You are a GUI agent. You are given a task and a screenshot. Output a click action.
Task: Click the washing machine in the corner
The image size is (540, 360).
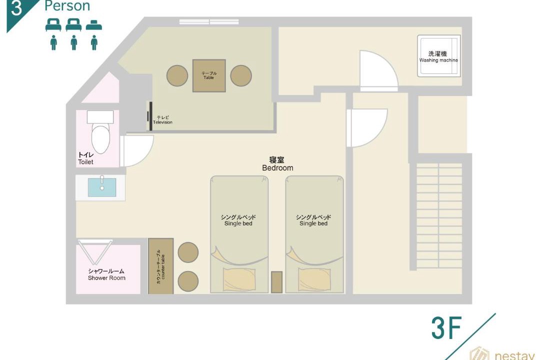point(439,55)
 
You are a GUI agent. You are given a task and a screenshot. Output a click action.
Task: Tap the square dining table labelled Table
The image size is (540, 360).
point(209,75)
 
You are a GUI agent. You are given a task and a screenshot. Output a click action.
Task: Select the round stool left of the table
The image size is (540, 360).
point(177,76)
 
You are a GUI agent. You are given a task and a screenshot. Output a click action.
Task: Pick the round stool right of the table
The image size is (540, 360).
point(240,76)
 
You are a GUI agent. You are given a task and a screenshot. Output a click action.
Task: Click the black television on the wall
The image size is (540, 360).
point(150,116)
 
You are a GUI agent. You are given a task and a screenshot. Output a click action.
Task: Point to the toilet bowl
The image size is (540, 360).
point(100,138)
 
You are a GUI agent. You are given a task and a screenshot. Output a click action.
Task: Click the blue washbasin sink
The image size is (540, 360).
point(102,187)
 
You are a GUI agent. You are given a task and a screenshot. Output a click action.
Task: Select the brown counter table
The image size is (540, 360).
point(161,266)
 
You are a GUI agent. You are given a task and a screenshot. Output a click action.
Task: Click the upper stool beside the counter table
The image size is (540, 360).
point(188,252)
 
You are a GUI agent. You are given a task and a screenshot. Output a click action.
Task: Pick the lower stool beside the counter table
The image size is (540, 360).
point(188,281)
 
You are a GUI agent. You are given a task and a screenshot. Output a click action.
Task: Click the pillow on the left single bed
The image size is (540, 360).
point(239,279)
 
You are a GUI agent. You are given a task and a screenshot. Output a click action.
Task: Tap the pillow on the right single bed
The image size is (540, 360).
point(314,279)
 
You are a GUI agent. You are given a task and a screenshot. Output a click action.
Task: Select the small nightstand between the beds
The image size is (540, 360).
point(276,282)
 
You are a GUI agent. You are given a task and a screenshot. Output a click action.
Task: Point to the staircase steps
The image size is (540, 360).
point(439,215)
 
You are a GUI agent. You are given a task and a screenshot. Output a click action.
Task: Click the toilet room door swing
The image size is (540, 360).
point(137,151)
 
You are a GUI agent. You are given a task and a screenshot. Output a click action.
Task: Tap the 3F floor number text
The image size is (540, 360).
point(446,328)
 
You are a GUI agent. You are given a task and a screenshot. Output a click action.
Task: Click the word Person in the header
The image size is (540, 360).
point(67,5)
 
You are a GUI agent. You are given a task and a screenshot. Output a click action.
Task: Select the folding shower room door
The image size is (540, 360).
point(94,252)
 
